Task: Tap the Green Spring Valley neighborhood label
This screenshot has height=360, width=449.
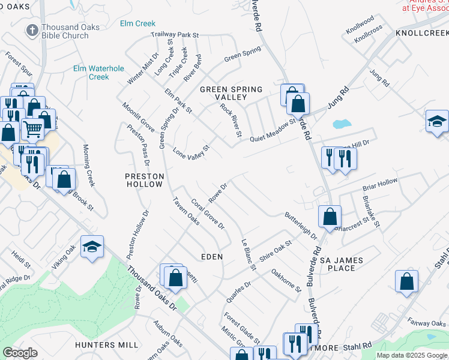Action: click(x=231, y=93)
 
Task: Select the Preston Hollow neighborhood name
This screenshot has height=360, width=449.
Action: click(x=144, y=180)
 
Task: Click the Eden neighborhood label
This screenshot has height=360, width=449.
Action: click(x=212, y=256)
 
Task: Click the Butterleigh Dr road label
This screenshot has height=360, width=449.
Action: click(x=301, y=226)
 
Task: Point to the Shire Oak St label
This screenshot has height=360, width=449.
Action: click(x=275, y=251)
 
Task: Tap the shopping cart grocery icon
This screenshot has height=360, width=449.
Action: click(x=33, y=128)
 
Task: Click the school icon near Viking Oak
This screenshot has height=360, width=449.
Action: click(x=92, y=247)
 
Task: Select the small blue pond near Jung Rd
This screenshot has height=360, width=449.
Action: click(x=341, y=125)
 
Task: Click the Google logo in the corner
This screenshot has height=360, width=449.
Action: click(x=20, y=353)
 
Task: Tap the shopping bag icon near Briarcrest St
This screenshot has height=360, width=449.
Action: click(x=330, y=216)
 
